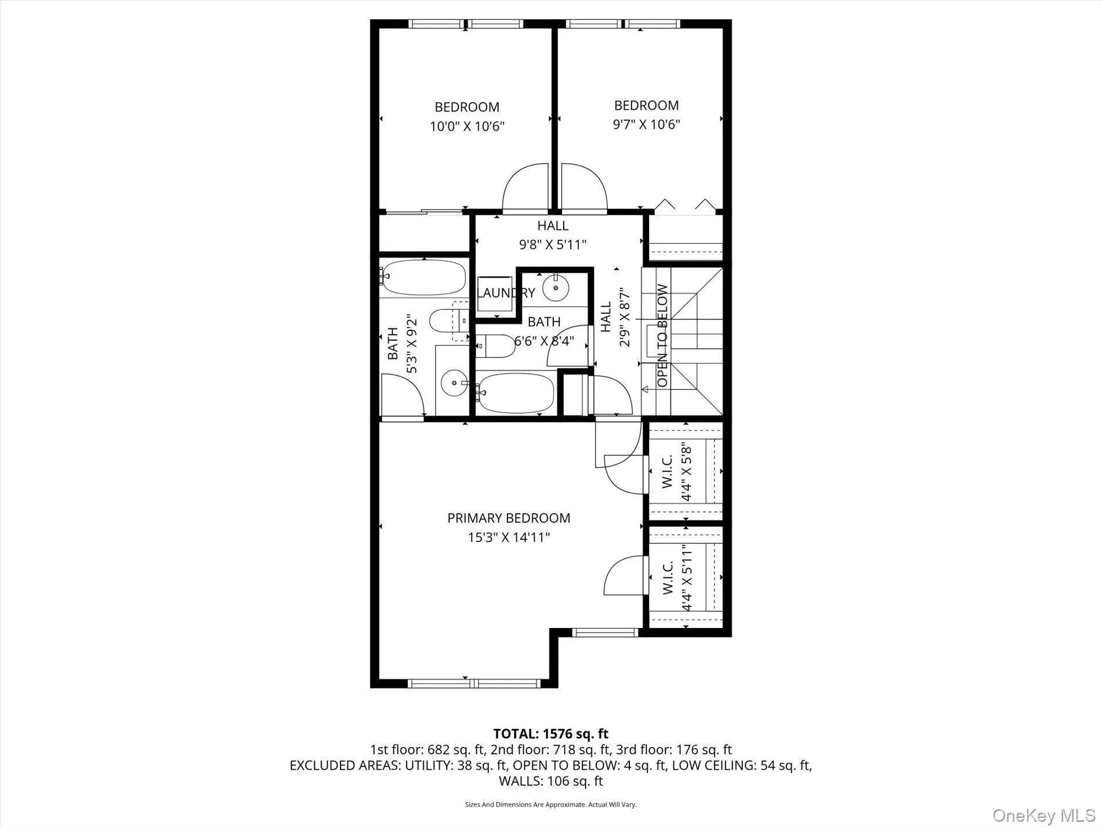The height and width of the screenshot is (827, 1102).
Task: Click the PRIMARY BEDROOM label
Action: (x=509, y=518)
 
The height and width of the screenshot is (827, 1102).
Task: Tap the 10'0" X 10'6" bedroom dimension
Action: (x=467, y=126)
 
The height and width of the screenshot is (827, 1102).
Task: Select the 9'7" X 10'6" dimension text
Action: (x=646, y=124)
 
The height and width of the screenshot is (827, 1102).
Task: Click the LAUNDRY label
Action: (x=505, y=293)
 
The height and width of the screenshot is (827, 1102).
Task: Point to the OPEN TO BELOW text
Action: (x=662, y=335)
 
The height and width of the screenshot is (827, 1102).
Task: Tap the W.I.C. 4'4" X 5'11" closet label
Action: (x=676, y=577)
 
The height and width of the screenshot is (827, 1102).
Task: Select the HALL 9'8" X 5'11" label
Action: (x=552, y=235)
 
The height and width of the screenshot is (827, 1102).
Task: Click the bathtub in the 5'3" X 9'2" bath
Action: (x=424, y=277)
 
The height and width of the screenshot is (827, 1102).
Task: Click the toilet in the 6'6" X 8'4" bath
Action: (x=496, y=346)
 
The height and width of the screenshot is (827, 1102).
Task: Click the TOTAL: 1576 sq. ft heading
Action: (x=550, y=734)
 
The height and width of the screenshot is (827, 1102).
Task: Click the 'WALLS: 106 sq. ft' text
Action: (x=550, y=781)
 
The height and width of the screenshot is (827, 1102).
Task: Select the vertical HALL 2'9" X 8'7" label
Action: (x=614, y=317)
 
